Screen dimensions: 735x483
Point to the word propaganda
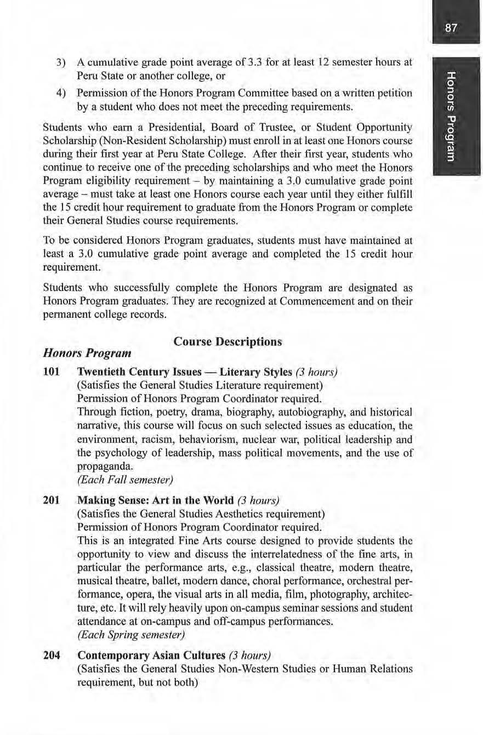point(105,467)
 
